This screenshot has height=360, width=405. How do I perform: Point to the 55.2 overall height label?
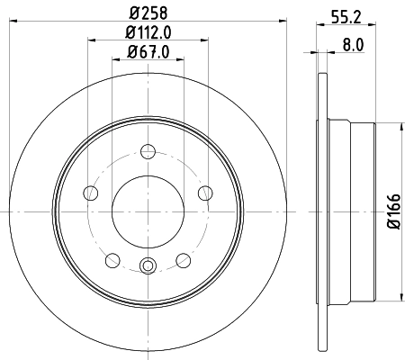pyautogui.click(x=340, y=15)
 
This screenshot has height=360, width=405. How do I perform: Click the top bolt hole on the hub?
pyautogui.click(x=148, y=153)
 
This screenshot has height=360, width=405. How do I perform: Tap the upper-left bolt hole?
pyautogui.click(x=90, y=193)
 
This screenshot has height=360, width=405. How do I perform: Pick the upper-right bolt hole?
pyautogui.click(x=205, y=192)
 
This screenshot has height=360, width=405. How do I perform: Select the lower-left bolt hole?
pyautogui.click(x=112, y=260)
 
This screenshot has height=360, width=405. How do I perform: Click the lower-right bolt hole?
pyautogui.click(x=184, y=260)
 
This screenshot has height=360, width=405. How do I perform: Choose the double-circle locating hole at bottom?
pyautogui.click(x=148, y=265)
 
